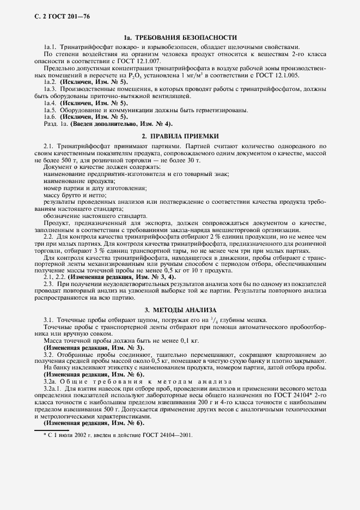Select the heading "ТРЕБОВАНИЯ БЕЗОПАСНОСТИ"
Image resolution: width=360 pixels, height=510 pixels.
pyautogui.click(x=187, y=38)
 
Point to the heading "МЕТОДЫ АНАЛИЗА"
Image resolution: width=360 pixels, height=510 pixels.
pyautogui.click(x=186, y=309)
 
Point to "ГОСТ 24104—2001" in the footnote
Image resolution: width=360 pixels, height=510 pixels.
pyautogui.click(x=164, y=436)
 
